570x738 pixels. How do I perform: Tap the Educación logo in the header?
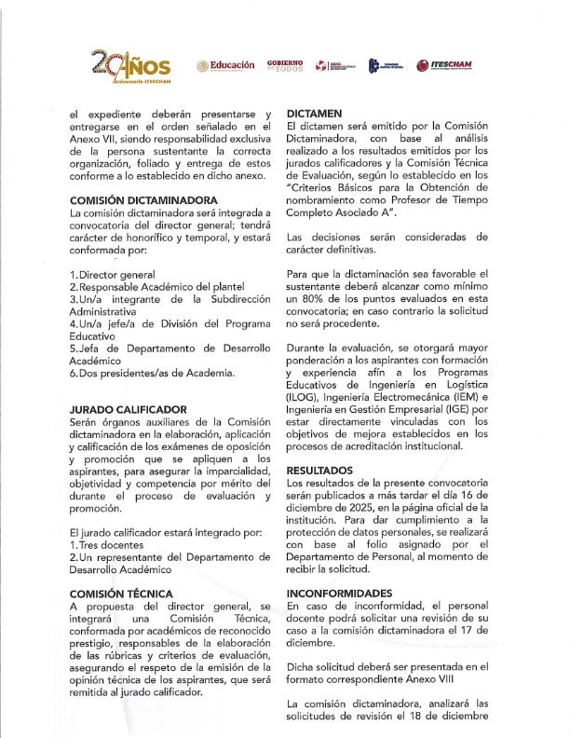(x=224, y=65)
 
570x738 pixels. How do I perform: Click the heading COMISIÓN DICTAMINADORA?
(x=143, y=200)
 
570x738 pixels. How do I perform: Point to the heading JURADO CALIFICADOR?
(x=129, y=409)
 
